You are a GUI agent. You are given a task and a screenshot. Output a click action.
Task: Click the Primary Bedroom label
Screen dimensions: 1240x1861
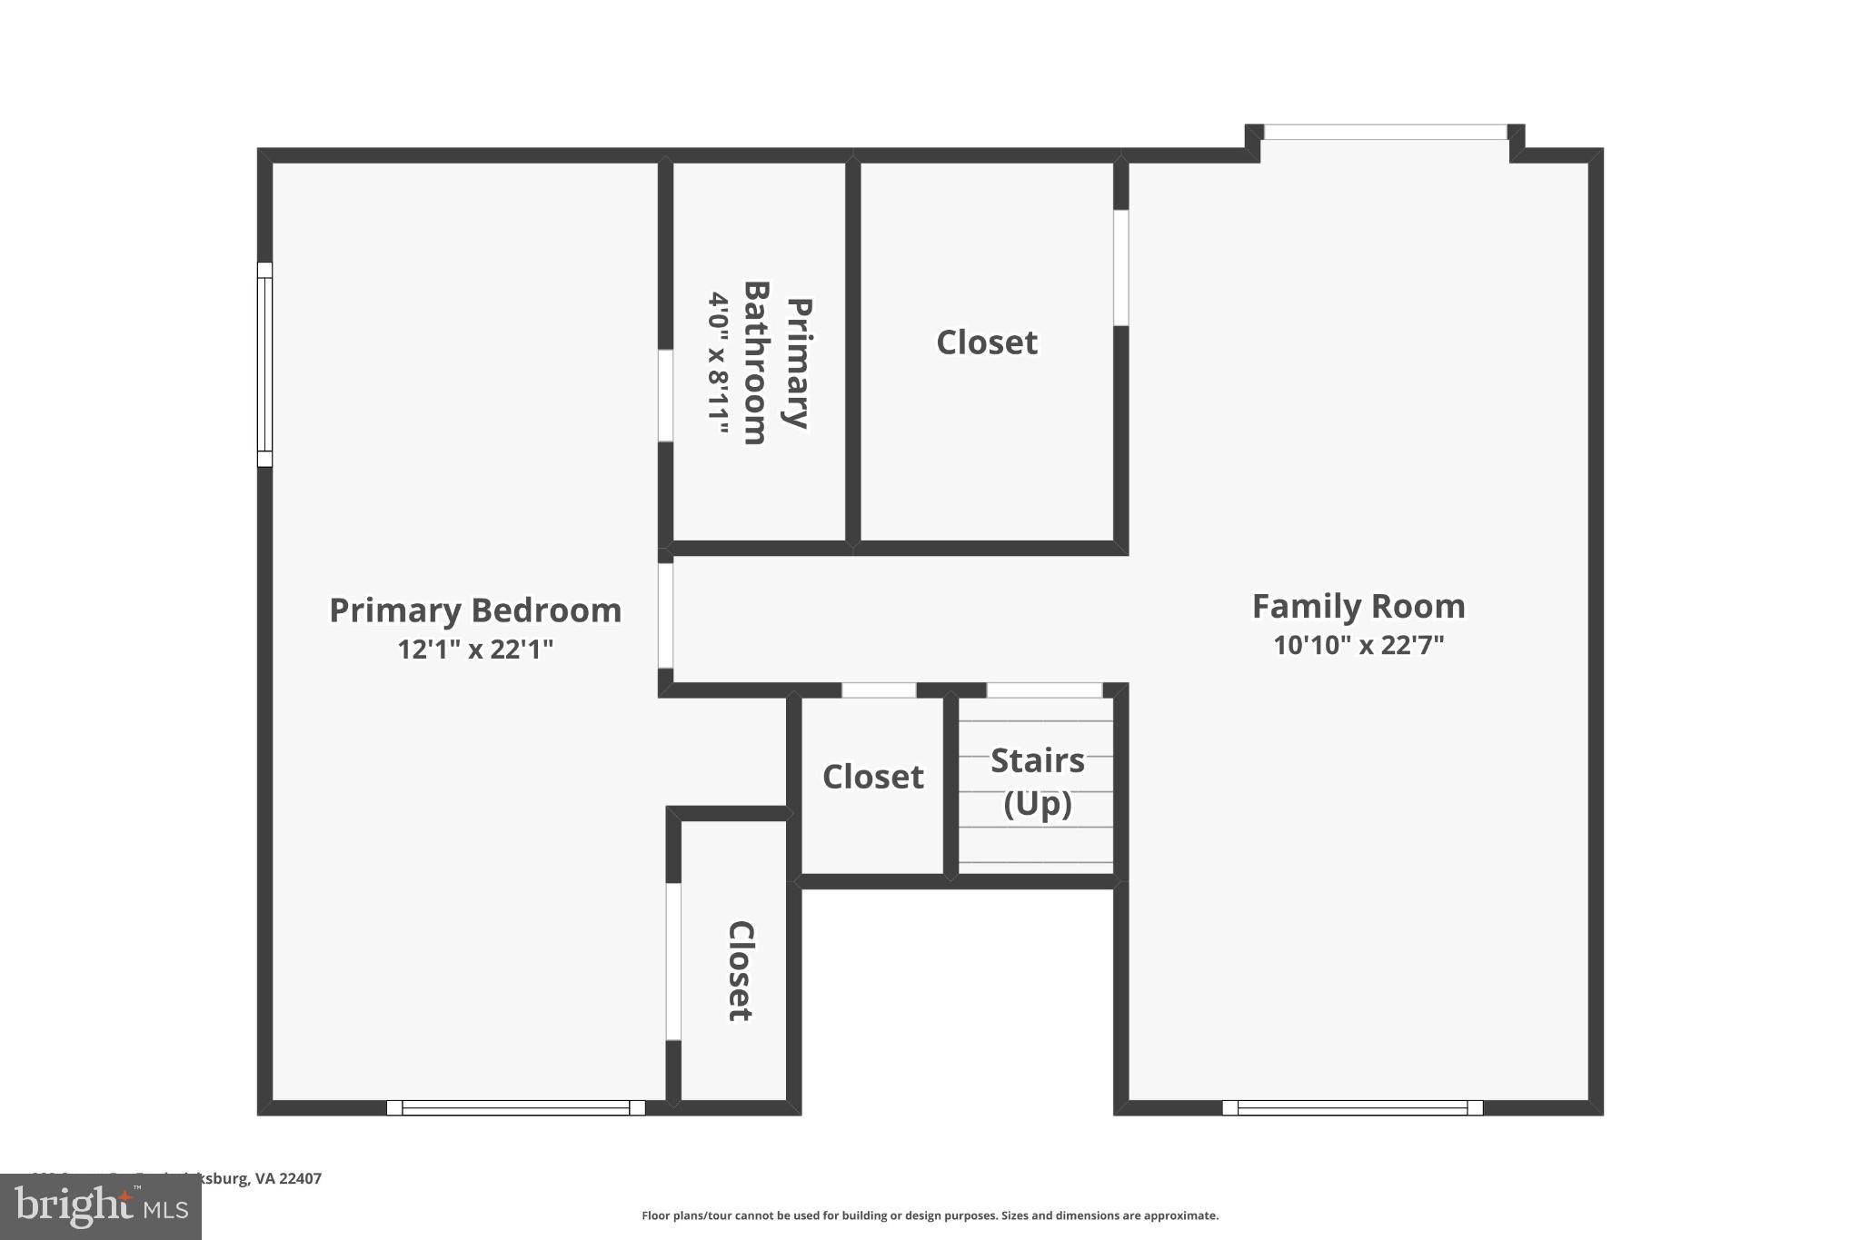tap(475, 610)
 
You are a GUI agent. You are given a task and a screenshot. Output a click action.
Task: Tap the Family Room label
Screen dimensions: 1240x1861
tap(1358, 607)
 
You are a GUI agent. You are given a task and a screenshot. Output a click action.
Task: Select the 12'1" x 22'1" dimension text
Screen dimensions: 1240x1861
tap(475, 650)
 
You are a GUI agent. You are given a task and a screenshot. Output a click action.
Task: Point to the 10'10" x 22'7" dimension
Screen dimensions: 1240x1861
tap(1358, 646)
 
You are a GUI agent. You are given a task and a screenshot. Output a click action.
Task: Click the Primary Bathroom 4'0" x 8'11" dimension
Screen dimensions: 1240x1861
tap(719, 362)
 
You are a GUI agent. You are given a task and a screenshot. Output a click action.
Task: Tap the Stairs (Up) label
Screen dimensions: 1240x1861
tap(1038, 781)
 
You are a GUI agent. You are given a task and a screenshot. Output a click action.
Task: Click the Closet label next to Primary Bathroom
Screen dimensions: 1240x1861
tap(987, 342)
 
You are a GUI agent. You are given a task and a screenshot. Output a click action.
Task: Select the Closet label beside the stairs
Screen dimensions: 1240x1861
tap(873, 777)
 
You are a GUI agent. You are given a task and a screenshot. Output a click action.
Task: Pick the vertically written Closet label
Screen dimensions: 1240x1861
tap(741, 971)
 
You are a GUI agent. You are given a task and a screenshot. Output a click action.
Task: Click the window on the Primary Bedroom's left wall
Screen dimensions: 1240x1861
tap(264, 364)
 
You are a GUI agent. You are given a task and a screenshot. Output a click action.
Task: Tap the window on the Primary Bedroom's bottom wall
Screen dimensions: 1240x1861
tap(516, 1107)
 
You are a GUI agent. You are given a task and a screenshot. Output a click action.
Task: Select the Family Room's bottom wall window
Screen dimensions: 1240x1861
tap(1352, 1107)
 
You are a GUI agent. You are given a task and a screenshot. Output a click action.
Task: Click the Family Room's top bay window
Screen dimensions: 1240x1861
tap(1385, 133)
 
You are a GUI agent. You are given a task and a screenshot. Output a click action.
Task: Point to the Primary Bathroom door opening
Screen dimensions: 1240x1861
tap(665, 395)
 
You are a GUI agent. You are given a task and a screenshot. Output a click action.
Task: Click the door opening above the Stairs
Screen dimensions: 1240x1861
tap(1044, 690)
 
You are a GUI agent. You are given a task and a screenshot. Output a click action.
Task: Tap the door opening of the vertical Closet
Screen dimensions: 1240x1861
tap(673, 961)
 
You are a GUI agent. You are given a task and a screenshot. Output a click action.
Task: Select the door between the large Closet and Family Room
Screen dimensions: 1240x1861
tap(1121, 268)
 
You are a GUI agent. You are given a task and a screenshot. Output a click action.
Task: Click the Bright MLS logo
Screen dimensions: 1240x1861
tap(101, 1207)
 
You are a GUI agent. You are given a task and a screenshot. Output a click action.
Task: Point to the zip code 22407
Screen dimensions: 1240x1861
tap(300, 1179)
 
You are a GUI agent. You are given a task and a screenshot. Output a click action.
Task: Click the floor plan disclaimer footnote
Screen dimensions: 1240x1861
tap(930, 1215)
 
